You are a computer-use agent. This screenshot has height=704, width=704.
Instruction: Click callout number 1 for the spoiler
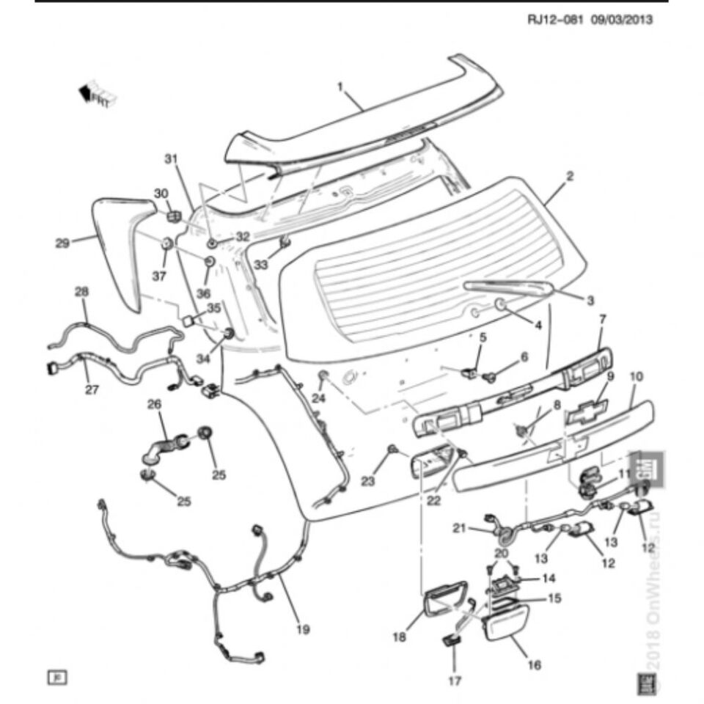tap(340, 87)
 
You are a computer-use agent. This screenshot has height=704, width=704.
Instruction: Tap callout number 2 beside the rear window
tap(570, 176)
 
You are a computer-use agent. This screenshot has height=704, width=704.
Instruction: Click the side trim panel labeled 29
tap(117, 249)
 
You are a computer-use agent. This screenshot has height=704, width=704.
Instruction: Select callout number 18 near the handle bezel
tap(399, 638)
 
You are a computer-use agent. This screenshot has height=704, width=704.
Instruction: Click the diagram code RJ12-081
tap(555, 20)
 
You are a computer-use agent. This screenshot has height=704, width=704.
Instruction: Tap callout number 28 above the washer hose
tap(81, 292)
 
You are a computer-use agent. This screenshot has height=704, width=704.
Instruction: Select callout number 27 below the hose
tap(91, 389)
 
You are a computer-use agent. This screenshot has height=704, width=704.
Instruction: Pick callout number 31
tap(171, 159)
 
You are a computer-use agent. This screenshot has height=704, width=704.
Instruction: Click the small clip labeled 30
tap(174, 216)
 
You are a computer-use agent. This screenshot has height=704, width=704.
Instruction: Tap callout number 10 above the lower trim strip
tap(637, 376)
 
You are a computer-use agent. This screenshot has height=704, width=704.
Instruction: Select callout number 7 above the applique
tap(603, 319)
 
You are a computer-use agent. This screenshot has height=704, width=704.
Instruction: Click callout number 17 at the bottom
tap(455, 681)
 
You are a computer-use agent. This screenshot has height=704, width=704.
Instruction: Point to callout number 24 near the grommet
tap(318, 398)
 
